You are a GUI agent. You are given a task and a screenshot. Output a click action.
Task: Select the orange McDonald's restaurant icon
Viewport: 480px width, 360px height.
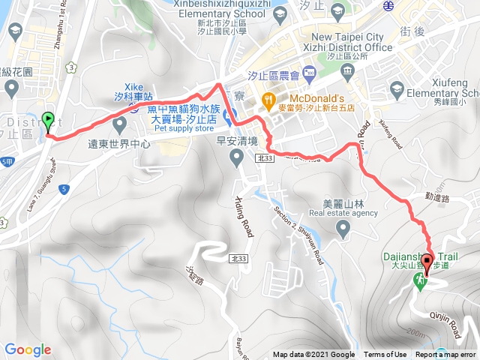click(x=267, y=99)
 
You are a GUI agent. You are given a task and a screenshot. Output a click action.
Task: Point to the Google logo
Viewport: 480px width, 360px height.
click(x=28, y=349)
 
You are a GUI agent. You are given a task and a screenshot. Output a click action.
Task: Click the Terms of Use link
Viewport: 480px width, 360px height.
click(x=385, y=355)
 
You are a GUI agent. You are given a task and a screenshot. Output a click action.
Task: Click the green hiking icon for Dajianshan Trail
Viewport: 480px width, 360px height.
click(x=418, y=277)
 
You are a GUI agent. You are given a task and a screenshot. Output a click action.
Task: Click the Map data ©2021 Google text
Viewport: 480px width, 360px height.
click(x=313, y=355)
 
